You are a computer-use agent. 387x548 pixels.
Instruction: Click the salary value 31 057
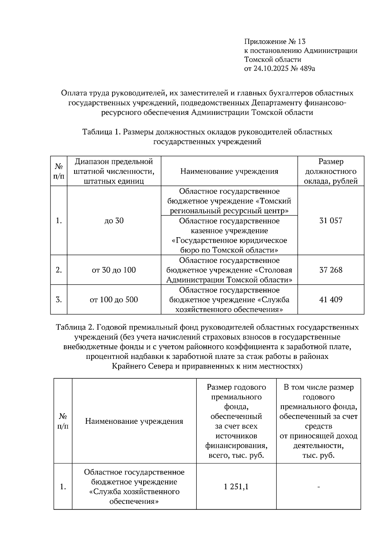click(x=331, y=221)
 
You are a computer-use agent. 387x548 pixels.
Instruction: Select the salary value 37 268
click(x=331, y=270)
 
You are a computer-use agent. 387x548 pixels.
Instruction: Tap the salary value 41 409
click(x=331, y=300)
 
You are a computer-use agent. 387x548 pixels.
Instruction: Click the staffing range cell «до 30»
click(x=114, y=221)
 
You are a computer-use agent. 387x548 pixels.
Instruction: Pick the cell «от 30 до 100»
click(x=114, y=270)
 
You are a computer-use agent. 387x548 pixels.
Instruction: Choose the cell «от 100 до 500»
click(x=114, y=300)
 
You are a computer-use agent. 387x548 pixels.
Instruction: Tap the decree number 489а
click(x=305, y=68)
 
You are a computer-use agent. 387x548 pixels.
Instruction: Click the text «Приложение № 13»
click(x=275, y=42)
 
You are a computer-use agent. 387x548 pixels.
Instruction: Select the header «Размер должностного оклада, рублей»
click(x=331, y=171)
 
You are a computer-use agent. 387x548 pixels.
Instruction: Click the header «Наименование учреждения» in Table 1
click(x=229, y=171)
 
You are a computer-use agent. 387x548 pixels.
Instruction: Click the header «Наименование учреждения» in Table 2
click(x=134, y=421)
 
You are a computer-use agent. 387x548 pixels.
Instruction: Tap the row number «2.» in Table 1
click(x=59, y=270)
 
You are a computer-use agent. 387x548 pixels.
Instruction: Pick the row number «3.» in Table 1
click(x=59, y=300)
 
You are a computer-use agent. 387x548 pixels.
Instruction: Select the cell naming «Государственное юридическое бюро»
click(x=229, y=236)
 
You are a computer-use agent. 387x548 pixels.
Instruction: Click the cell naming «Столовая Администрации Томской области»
click(x=229, y=270)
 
